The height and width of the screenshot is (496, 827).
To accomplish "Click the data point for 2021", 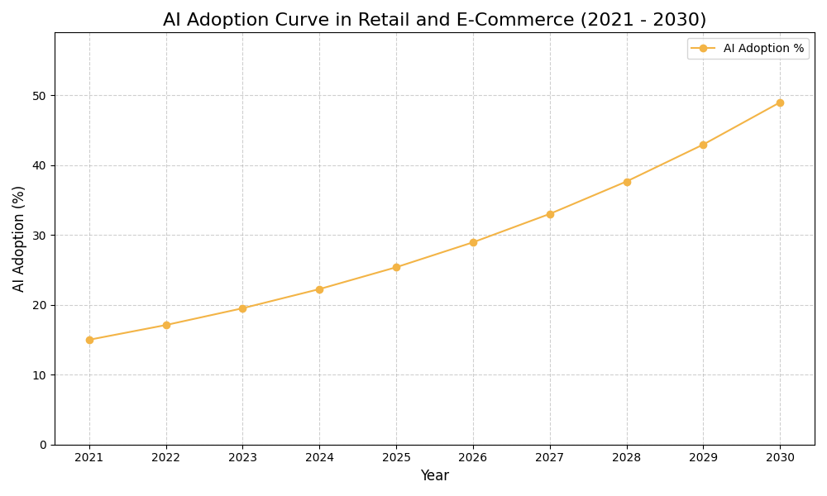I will click(x=89, y=340).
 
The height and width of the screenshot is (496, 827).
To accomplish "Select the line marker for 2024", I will click(x=319, y=289).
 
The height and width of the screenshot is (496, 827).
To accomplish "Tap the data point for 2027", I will click(x=550, y=214).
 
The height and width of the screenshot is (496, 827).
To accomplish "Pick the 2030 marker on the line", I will click(x=780, y=103).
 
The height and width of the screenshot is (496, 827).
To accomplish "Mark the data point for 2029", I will click(x=703, y=145).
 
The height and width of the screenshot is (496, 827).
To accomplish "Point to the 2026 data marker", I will click(x=473, y=242).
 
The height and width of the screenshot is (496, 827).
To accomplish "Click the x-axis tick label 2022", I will click(x=166, y=457).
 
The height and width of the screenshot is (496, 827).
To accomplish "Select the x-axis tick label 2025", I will click(x=396, y=457).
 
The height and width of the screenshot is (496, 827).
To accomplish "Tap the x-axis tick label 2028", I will click(x=627, y=457).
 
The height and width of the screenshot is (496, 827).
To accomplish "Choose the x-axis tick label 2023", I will click(x=242, y=457).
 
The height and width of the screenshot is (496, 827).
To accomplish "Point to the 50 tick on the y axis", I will click(x=39, y=96).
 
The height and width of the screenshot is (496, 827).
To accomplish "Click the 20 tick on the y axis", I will click(x=39, y=305).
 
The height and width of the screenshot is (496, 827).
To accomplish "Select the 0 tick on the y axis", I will click(x=43, y=445).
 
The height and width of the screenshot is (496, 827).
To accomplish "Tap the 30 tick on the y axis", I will click(x=39, y=236).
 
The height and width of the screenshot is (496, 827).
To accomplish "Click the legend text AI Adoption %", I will click(x=763, y=49).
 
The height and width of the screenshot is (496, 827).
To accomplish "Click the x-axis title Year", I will click(x=434, y=476).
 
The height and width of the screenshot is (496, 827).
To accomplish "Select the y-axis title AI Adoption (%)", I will click(x=19, y=238).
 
